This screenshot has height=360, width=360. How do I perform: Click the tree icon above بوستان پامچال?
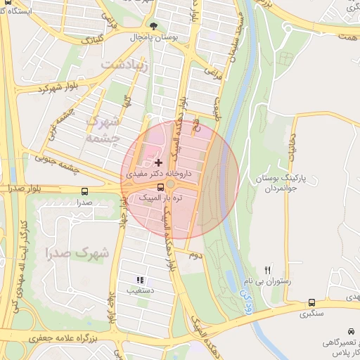click(155, 25)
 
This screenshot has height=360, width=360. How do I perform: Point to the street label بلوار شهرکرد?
click(57, 89)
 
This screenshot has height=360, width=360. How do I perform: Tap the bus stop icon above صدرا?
click(85, 191)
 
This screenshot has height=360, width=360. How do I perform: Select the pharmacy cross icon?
click(157, 162)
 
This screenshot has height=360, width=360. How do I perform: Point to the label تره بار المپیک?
click(157, 199)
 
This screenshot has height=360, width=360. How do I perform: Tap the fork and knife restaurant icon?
click(267, 270)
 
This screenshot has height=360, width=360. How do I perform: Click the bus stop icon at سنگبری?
click(311, 303)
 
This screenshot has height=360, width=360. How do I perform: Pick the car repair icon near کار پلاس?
click(350, 331)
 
